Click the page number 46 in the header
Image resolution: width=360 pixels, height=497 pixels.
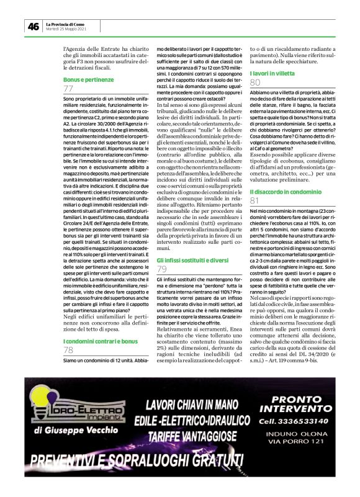[x=33, y=26]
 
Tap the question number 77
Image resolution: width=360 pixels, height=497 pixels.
[x=68, y=89]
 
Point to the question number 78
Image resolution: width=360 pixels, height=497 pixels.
[x=68, y=350]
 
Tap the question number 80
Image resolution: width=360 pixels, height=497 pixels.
[x=254, y=82]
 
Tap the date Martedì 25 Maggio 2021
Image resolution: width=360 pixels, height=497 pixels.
[x=66, y=29]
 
